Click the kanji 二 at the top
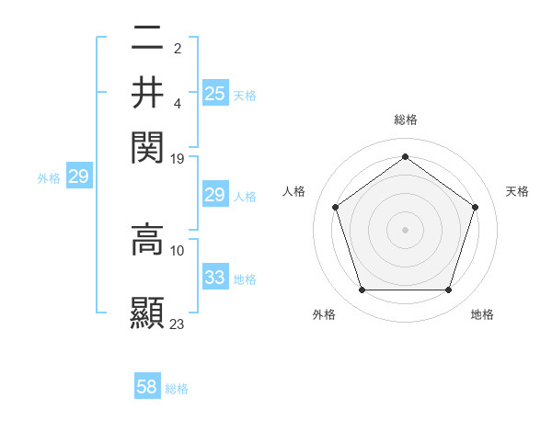pyautogui.click(x=147, y=39)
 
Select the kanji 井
pyautogui.click(x=147, y=92)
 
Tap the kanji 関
pyautogui.click(x=147, y=145)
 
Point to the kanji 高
pyautogui.click(x=147, y=240)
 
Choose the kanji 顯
pyautogui.click(x=147, y=313)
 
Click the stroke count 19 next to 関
pyautogui.click(x=178, y=159)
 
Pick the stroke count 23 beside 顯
pyautogui.click(x=178, y=324)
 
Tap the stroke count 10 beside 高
pyautogui.click(x=178, y=250)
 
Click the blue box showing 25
pyautogui.click(x=215, y=93)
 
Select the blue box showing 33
pyautogui.click(x=215, y=278)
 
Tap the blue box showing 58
pyautogui.click(x=147, y=387)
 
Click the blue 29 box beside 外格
pyautogui.click(x=78, y=177)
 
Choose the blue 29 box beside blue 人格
pyautogui.click(x=215, y=195)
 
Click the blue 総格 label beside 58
pyautogui.click(x=177, y=389)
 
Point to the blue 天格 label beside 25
pyautogui.click(x=245, y=95)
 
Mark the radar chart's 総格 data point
pyautogui.click(x=405, y=156)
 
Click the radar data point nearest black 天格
pyautogui.click(x=475, y=207)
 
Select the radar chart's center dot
pyautogui.click(x=405, y=229)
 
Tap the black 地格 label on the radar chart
pyautogui.click(x=482, y=315)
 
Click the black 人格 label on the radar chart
pyautogui.click(x=294, y=191)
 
